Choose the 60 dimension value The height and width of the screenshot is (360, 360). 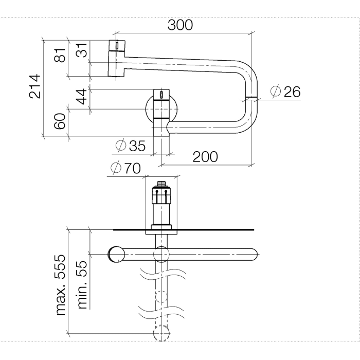[61, 122]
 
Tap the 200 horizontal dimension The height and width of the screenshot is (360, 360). [205, 156]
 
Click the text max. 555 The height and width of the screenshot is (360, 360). [61, 284]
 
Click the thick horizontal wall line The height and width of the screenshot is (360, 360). [206, 229]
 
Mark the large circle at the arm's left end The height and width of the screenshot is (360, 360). [117, 255]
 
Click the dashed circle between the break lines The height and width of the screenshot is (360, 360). [162, 297]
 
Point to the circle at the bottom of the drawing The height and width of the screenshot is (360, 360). [162, 333]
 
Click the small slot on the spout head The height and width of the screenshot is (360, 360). [118, 46]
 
